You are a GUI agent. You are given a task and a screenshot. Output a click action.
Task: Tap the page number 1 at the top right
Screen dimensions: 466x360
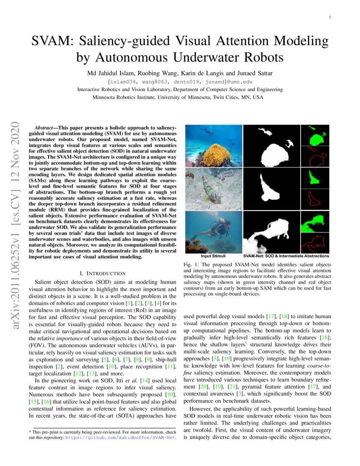pos(330,17)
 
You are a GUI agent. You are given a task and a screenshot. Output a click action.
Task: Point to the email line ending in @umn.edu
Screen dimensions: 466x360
pos(180,81)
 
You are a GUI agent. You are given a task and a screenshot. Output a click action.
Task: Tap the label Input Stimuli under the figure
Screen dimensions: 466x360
pos(213,256)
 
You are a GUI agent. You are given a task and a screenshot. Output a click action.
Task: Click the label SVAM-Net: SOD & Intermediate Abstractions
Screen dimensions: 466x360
pos(286,256)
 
